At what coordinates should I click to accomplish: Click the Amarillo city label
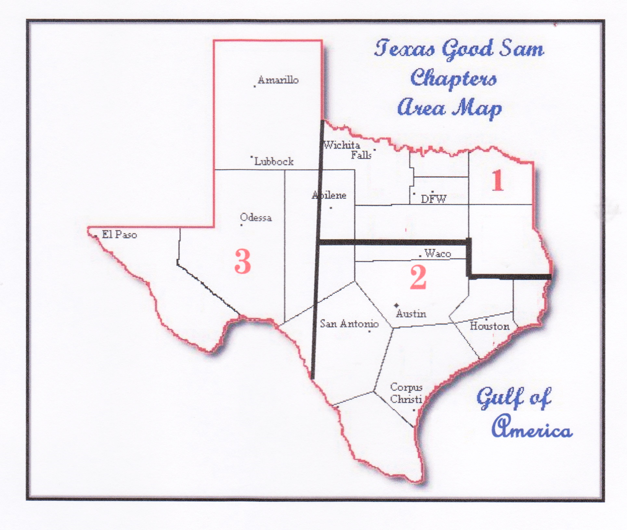coord(278,80)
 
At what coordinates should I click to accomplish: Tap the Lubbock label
coord(274,161)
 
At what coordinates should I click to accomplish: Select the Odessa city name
coord(256,217)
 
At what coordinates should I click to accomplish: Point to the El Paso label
coord(119,234)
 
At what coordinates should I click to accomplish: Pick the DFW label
coord(434,199)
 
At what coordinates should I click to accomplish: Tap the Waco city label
coord(438,253)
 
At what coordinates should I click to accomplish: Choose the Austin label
coord(411,314)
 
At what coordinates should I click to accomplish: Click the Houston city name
coord(490,326)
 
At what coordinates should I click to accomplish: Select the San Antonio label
coord(349,324)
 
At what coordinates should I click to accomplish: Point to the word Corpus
coord(406,387)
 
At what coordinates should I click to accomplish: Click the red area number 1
coord(497,181)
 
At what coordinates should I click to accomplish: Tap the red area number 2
coord(418,277)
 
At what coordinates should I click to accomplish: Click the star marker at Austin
coord(396,305)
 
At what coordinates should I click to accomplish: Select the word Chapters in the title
coord(453,79)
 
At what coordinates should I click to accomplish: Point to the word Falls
coord(361,155)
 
